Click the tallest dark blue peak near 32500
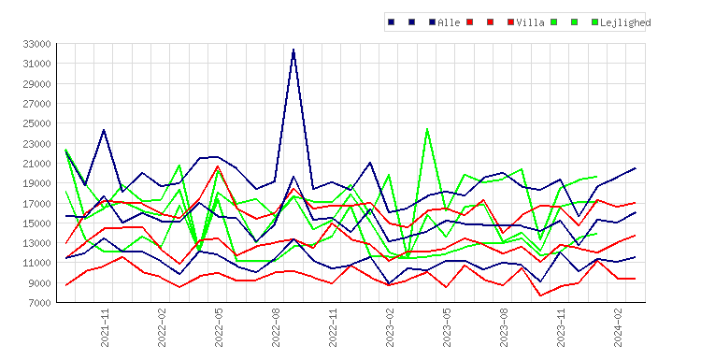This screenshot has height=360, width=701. pos(293,50)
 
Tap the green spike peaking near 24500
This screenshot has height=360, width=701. pos(427,129)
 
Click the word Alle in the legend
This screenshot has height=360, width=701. pos(449,22)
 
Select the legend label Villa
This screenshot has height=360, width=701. pos(530,22)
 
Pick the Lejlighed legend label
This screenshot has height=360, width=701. pos(625,22)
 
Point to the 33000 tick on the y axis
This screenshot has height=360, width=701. pos(36,44)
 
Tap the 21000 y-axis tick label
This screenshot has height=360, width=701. pos(36,164)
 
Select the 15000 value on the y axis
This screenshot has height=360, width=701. pos(36,223)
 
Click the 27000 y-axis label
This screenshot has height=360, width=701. pos(36,104)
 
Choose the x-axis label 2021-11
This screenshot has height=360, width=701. pos(105,328)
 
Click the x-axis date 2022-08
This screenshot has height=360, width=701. pos(276,328)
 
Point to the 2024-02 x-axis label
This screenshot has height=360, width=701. pos(618,328)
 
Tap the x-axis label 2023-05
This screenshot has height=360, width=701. pos(447,328)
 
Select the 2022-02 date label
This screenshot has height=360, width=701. pos(162,328)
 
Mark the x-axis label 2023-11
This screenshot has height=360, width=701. pos(561,328)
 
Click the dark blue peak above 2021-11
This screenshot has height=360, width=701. pos(104,130)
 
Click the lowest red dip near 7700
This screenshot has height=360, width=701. pos(540,295)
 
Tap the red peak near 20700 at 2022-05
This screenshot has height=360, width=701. pos(218,166)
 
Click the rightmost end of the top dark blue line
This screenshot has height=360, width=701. pos(636,168)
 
